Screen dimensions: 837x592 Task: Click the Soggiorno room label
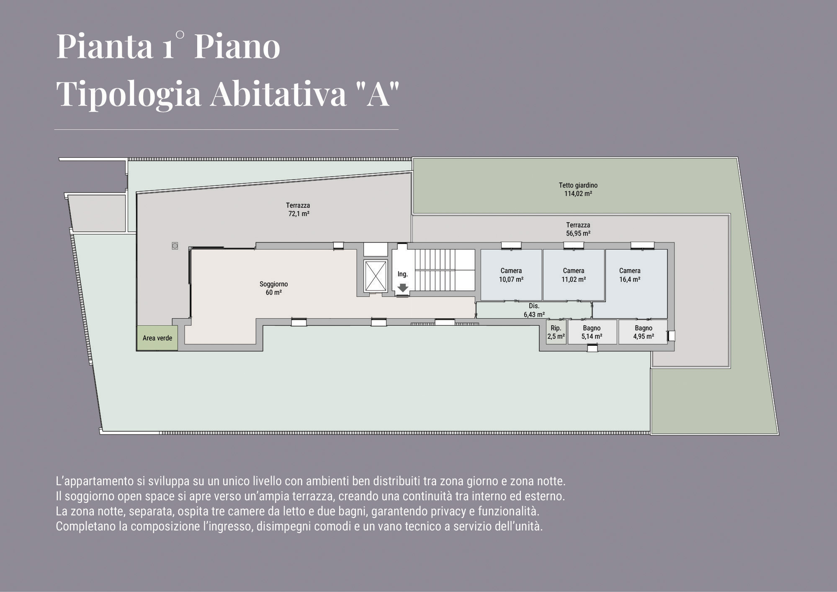tap(273, 288)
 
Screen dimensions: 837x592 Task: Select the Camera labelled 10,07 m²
tap(511, 275)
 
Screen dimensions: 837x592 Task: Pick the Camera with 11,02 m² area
tap(574, 275)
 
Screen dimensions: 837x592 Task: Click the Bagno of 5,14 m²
tap(592, 332)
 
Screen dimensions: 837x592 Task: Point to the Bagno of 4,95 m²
tap(643, 332)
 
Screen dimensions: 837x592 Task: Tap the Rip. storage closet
tap(556, 332)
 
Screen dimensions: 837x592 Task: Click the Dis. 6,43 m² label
tap(534, 310)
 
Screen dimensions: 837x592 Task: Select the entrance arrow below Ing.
tap(403, 288)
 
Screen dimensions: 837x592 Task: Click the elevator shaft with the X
tap(375, 276)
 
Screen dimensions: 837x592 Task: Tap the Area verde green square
tap(157, 338)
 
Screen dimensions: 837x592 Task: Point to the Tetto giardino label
tap(578, 189)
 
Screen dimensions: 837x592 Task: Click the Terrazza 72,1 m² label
tap(298, 209)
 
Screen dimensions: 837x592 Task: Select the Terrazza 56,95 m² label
tap(578, 229)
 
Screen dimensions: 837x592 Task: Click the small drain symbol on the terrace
tap(175, 246)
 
